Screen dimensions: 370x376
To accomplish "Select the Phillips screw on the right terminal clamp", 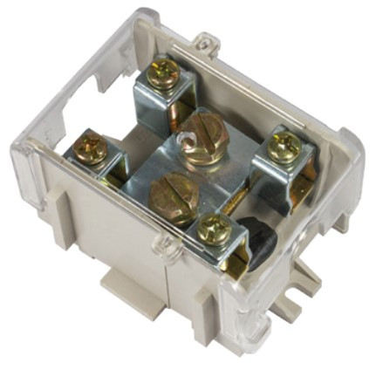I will coord(284,147).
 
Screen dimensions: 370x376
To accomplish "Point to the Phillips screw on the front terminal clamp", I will coord(212,230).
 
